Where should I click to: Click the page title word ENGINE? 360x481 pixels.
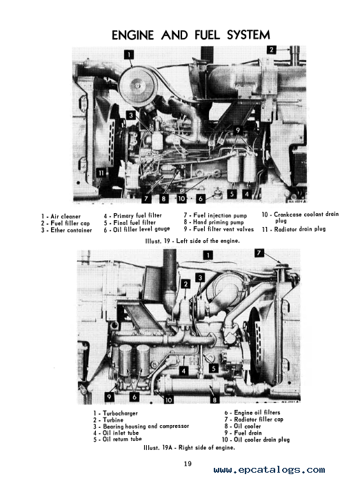click(x=132, y=35)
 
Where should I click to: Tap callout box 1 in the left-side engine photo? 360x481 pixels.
click(x=129, y=55)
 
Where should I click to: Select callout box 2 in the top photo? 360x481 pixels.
click(x=272, y=50)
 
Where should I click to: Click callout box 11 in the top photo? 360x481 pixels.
click(x=101, y=173)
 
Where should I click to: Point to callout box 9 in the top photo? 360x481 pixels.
click(x=238, y=130)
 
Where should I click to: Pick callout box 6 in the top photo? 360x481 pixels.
click(x=201, y=198)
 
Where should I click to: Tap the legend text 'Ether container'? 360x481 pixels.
click(x=66, y=230)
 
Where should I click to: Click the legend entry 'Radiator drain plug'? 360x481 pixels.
click(x=294, y=229)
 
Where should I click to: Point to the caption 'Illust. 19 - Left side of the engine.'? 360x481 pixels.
click(x=192, y=241)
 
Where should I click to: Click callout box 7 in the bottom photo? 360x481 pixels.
click(x=259, y=253)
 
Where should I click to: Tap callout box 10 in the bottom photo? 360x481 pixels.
click(x=168, y=400)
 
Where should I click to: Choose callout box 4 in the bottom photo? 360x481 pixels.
click(x=183, y=371)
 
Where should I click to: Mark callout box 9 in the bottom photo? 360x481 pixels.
click(x=109, y=397)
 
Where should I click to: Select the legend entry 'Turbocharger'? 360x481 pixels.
click(x=116, y=413)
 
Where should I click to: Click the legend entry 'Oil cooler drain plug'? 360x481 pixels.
click(x=256, y=440)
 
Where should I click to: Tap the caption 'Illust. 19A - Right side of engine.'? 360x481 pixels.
click(x=189, y=448)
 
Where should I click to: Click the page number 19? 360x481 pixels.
click(x=188, y=464)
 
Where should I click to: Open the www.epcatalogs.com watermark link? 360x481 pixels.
click(x=269, y=470)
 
